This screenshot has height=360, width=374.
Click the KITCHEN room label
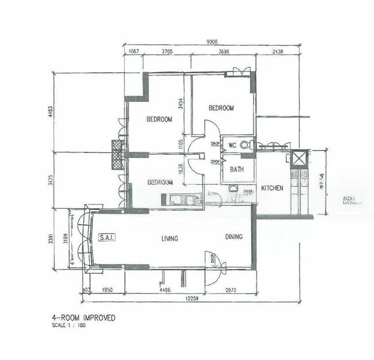272,188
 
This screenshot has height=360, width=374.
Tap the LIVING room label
170,238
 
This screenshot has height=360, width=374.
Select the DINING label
234,237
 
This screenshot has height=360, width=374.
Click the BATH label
237,170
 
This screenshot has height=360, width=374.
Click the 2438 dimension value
277,52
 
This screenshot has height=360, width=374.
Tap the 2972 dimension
231,290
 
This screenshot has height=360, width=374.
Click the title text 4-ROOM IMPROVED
83,317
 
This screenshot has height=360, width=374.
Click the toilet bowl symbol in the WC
250,143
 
